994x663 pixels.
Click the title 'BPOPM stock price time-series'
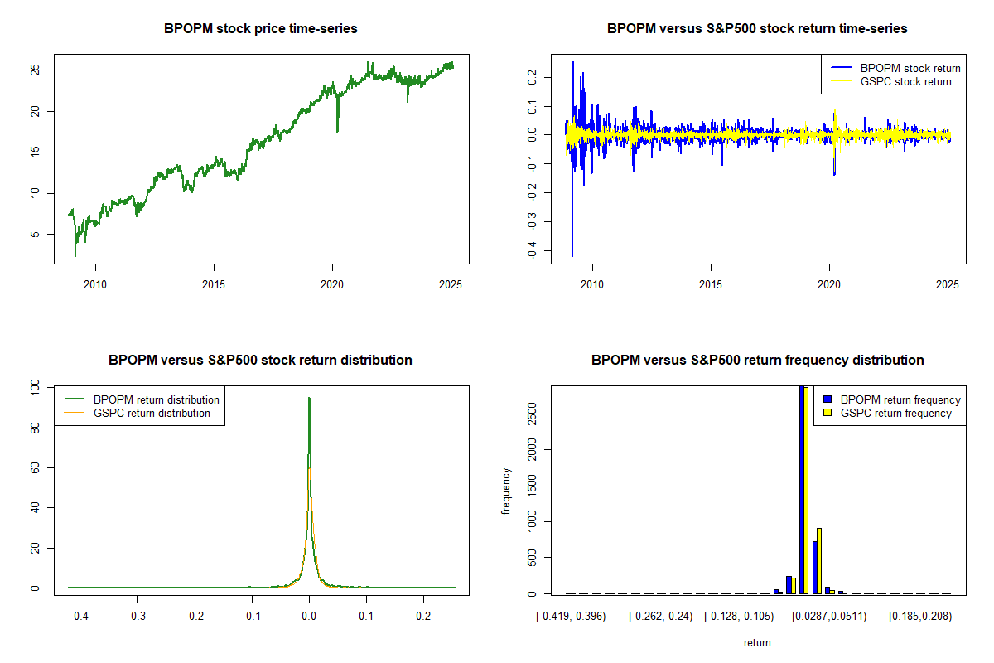coord(260,29)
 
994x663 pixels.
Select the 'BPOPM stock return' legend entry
coord(910,68)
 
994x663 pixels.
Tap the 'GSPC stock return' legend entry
coord(905,82)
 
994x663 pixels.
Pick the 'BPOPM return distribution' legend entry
coord(157,399)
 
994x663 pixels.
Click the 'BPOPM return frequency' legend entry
coord(900,399)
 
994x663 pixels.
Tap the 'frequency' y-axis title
coord(506,491)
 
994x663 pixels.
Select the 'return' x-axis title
coord(757,642)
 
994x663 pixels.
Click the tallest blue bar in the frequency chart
coord(802,489)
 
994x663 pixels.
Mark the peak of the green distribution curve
coord(309,399)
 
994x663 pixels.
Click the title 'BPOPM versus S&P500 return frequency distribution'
coord(757,361)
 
